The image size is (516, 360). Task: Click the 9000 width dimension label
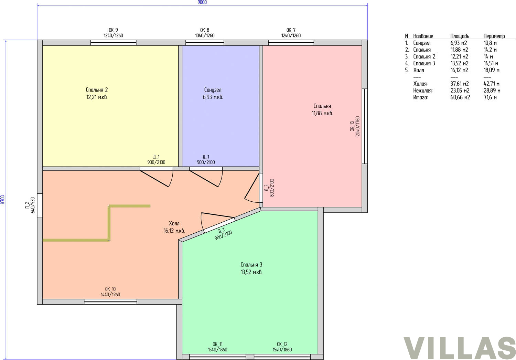[x=202, y=2]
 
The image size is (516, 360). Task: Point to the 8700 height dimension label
[x=2, y=200]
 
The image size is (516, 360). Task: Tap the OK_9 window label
[x=113, y=30]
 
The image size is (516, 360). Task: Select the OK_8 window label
[x=205, y=30]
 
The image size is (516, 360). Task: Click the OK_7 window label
[x=291, y=30]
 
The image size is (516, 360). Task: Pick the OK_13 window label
[x=352, y=126]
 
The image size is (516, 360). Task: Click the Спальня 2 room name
[x=97, y=89]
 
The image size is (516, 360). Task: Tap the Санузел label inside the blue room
[x=213, y=89]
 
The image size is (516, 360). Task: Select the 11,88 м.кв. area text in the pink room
[x=322, y=113]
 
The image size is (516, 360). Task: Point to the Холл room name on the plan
[x=174, y=223]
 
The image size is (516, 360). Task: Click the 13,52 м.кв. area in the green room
[x=251, y=272]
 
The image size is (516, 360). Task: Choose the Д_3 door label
[x=267, y=188]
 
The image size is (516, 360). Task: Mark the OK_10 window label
[x=110, y=289]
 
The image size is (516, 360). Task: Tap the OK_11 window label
[x=217, y=344]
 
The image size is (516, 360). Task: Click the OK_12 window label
[x=282, y=344]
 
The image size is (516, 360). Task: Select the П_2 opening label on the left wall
[x=27, y=205]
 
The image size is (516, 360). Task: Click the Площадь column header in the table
[x=460, y=36]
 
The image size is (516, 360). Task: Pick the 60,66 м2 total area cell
[x=460, y=97]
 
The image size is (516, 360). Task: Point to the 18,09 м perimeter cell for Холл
[x=491, y=70]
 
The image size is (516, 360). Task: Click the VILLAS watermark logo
[x=460, y=348]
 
